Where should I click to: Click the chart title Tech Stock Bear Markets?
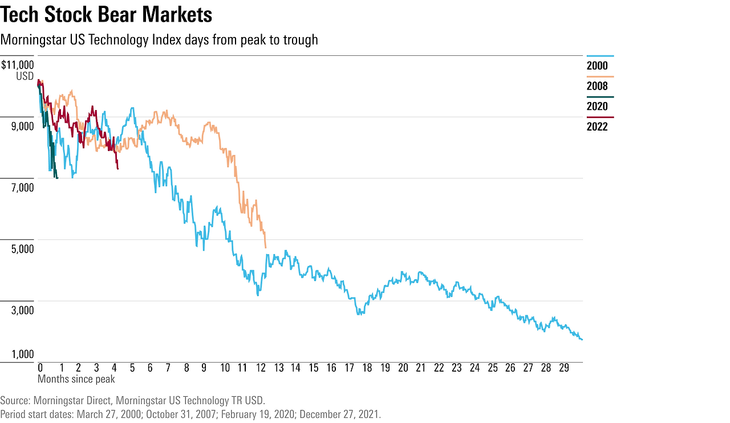click(107, 15)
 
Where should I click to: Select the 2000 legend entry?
click(597, 66)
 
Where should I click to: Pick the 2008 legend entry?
click(597, 86)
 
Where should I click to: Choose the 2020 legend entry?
click(597, 106)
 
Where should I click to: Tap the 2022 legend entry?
click(597, 127)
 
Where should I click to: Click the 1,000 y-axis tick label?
click(23, 355)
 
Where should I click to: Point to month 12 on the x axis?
click(260, 368)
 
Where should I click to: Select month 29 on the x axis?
click(563, 368)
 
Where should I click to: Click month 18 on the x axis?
click(367, 368)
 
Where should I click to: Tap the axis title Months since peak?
click(76, 379)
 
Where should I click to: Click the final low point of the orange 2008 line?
click(266, 247)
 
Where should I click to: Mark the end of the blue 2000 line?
click(582, 340)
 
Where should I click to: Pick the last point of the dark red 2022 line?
click(117, 169)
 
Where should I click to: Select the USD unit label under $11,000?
click(25, 76)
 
